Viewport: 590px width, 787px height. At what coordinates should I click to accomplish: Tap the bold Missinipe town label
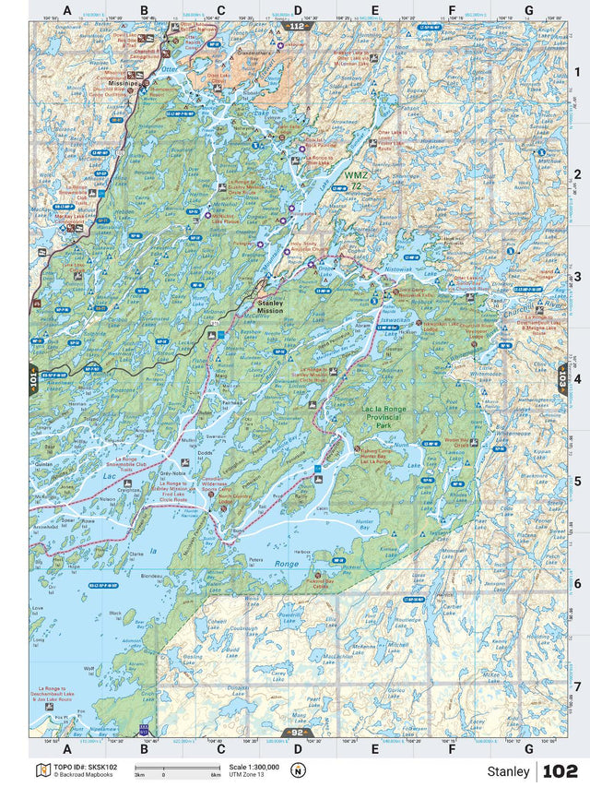[x=123, y=82]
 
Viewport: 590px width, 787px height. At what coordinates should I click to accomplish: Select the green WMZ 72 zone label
[x=355, y=180]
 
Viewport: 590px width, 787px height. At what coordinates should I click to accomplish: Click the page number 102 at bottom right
[x=560, y=771]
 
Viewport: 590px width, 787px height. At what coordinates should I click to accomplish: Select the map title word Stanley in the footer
[x=509, y=771]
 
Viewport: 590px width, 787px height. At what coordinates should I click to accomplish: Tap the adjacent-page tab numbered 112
[x=294, y=28]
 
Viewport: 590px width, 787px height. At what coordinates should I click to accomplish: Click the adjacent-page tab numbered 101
[x=35, y=378]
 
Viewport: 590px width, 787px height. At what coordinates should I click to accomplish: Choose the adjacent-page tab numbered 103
[x=563, y=378]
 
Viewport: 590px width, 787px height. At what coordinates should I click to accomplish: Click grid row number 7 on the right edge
[x=577, y=686]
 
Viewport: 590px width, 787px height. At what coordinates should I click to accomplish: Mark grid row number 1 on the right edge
[x=577, y=73]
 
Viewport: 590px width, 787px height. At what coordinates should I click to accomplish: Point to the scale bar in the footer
[x=176, y=769]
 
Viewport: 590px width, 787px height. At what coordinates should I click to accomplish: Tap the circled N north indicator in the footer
[x=297, y=770]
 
